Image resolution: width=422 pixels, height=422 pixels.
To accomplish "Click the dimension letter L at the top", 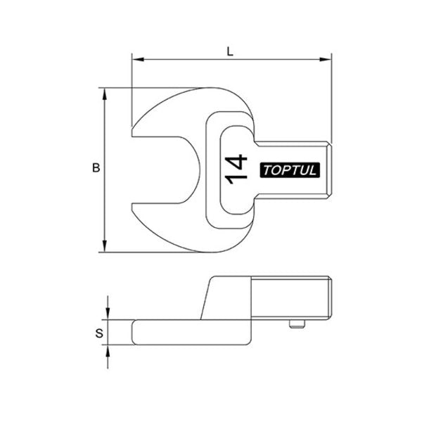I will tap(231, 50).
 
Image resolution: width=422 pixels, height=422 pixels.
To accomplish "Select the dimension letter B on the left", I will tap(96, 168).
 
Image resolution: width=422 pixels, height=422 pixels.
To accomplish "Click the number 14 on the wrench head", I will tap(236, 169).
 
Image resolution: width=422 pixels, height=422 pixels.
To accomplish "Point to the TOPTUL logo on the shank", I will tap(290, 170).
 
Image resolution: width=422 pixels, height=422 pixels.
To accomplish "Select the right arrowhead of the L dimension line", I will tap(327, 59).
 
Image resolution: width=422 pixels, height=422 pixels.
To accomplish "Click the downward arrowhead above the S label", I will tap(108, 316).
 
